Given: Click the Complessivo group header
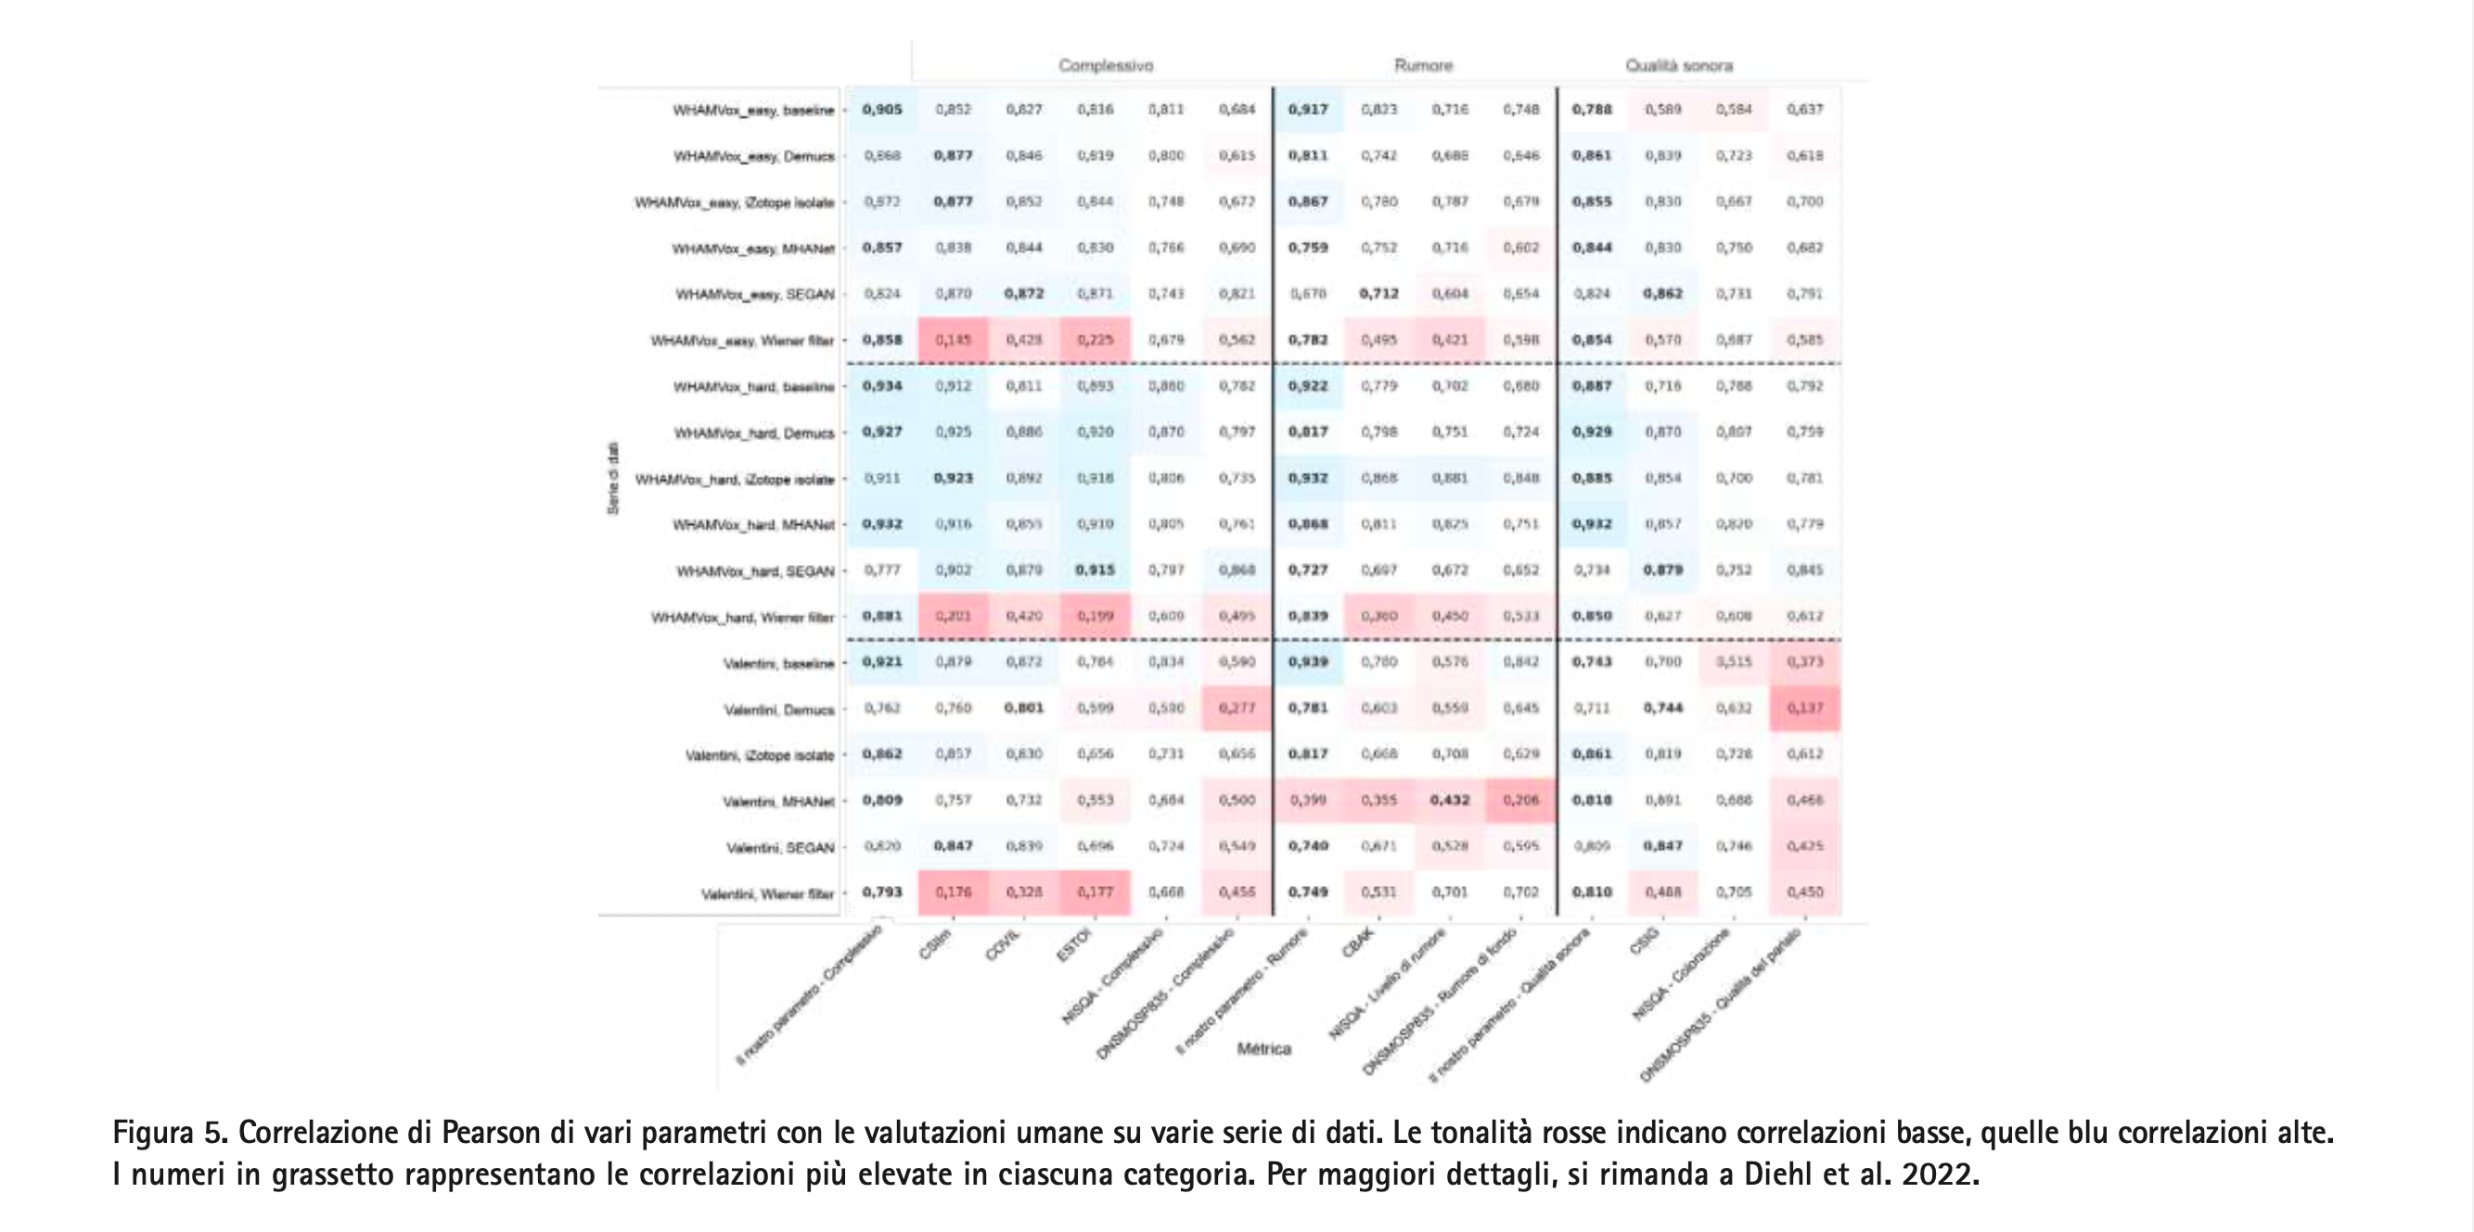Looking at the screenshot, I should [1106, 65].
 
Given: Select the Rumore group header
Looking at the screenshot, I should [1423, 65].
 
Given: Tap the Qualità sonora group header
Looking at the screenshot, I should [1679, 65].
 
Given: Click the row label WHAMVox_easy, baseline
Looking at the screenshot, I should [753, 110].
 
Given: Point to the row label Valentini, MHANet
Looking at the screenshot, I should [778, 801].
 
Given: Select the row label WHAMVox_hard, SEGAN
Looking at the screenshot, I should [755, 571].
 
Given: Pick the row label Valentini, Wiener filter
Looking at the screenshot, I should [767, 894].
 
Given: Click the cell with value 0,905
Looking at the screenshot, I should [881, 109].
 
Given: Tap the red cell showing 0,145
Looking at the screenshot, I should [953, 340].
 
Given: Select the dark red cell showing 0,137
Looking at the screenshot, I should [1804, 709].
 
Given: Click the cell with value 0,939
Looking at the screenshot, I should [1308, 661].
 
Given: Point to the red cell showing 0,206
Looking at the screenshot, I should [1520, 800].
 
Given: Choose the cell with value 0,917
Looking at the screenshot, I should [1308, 109].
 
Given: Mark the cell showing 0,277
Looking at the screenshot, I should [1237, 709].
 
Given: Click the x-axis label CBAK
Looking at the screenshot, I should [1358, 943].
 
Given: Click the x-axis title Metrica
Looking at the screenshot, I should [1263, 1048].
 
